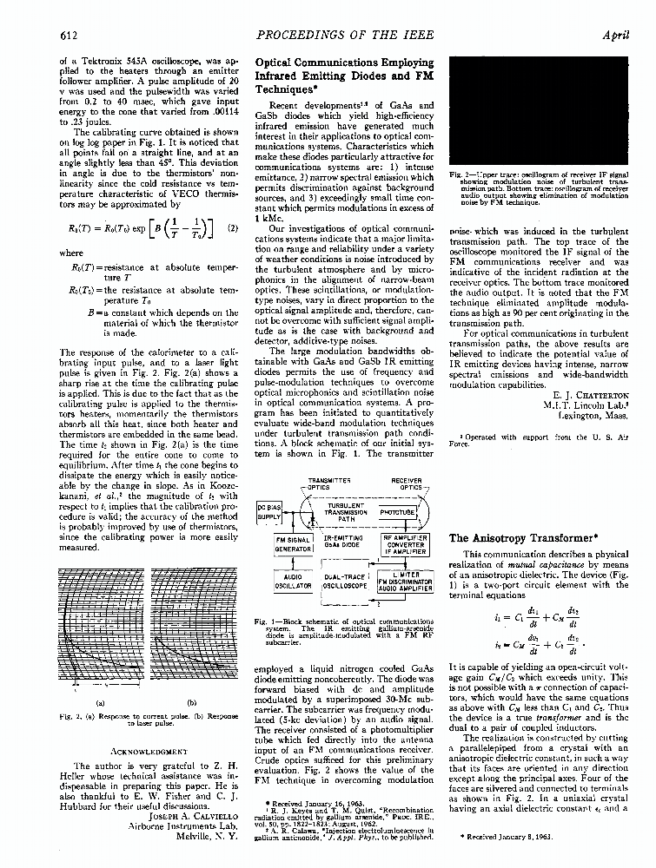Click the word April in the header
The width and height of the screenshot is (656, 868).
pyautogui.click(x=615, y=36)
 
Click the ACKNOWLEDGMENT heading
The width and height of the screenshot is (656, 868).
pyautogui.click(x=139, y=750)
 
